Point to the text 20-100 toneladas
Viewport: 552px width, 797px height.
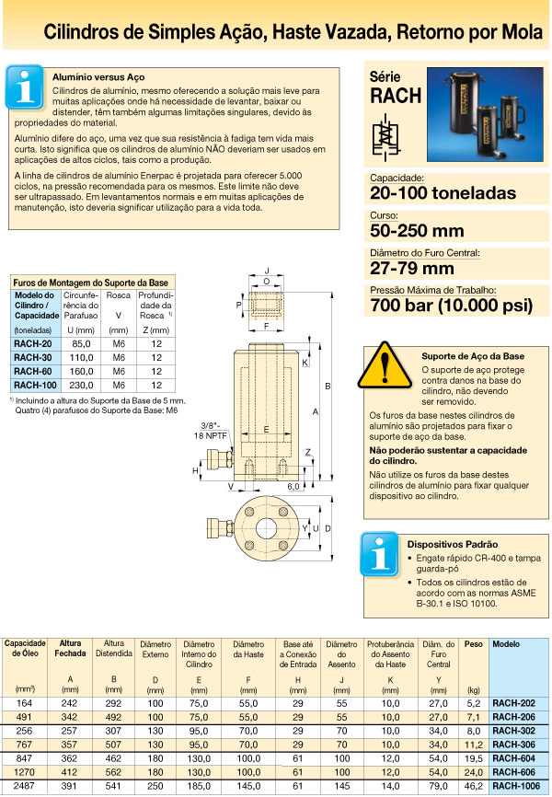[443, 193]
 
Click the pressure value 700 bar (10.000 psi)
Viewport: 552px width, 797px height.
[451, 306]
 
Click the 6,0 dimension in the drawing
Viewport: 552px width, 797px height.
[294, 485]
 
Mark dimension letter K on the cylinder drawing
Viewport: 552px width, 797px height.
[305, 363]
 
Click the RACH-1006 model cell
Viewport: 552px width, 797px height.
[516, 787]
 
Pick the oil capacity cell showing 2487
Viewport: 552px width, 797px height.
[25, 787]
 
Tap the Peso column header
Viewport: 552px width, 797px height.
[473, 644]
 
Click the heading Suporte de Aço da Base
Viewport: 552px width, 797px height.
[472, 355]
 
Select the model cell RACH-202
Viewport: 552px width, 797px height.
[516, 702]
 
